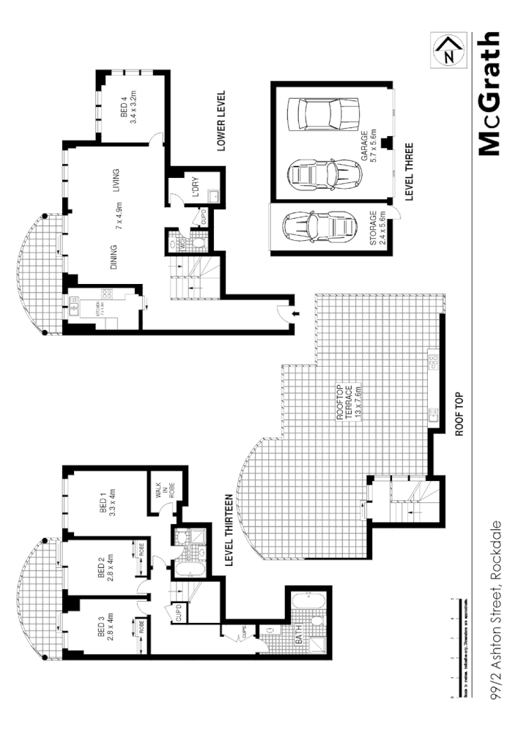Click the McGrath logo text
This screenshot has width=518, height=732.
pyautogui.click(x=488, y=94)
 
